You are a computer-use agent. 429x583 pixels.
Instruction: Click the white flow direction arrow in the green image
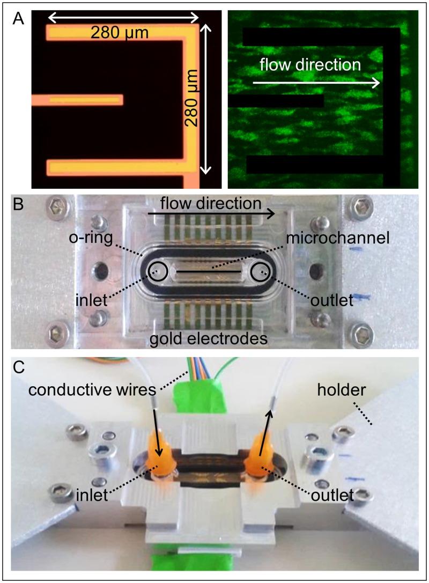pyautogui.click(x=316, y=83)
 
